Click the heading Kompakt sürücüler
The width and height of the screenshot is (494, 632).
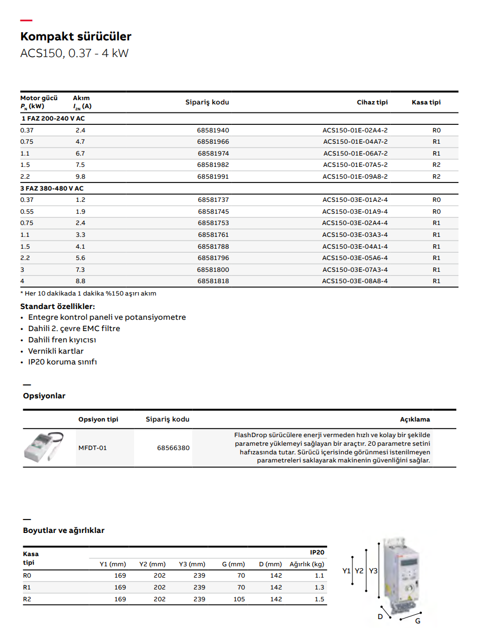(76, 37)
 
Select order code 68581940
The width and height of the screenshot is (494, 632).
(213, 130)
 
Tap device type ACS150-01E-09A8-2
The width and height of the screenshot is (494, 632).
(355, 177)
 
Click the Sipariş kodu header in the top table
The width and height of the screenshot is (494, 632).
(207, 102)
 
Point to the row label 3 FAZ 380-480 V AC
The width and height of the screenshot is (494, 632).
(52, 188)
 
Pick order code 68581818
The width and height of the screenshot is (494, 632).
(213, 281)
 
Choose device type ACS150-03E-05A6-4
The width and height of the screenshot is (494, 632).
(355, 258)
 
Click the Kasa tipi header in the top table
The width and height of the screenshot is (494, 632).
(426, 102)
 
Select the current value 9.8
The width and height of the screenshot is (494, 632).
(80, 177)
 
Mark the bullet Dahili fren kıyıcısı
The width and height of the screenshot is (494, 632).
(62, 340)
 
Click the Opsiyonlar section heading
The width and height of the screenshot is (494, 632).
(44, 396)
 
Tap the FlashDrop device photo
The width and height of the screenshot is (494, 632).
(44, 447)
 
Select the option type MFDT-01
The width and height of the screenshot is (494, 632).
(93, 447)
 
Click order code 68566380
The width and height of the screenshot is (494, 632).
(173, 447)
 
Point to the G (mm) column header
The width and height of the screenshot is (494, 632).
(234, 564)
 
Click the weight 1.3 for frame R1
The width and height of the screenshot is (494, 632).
(320, 587)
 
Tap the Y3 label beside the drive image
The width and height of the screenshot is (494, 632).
(373, 571)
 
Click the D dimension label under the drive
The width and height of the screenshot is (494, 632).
(380, 617)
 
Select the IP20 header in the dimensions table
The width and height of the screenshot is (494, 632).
(317, 552)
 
